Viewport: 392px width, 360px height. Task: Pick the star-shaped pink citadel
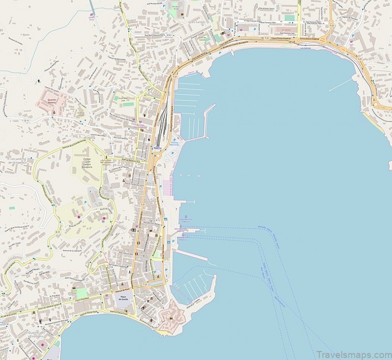[x=170, y=315]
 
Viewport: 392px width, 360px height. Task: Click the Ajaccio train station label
[x=157, y=148]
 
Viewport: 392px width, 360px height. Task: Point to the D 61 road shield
[x=169, y=35]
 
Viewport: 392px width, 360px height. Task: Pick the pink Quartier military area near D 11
[x=50, y=99]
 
